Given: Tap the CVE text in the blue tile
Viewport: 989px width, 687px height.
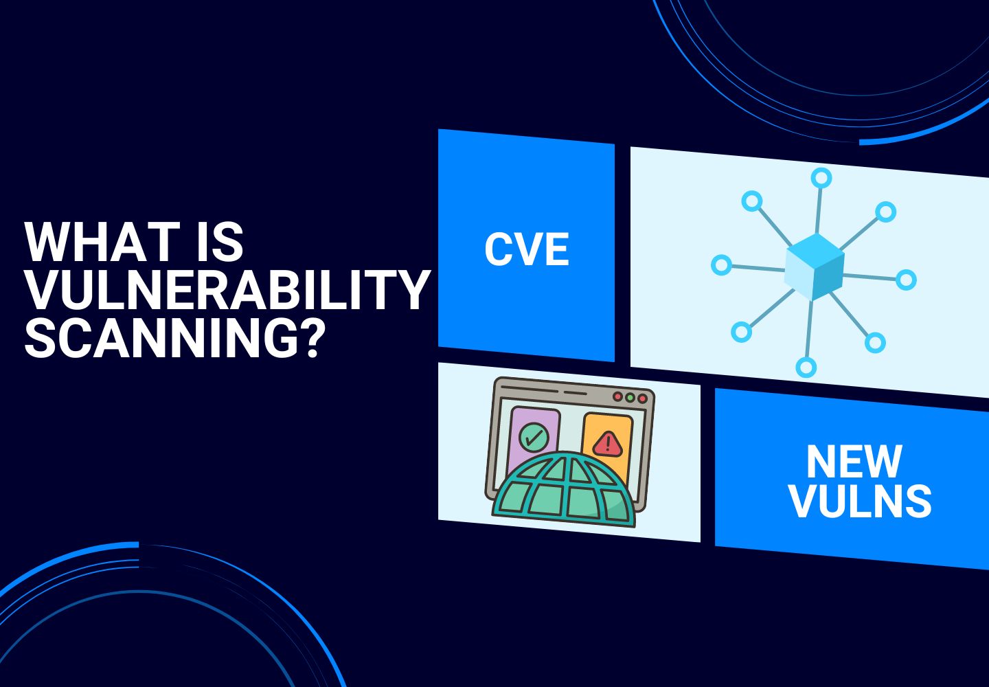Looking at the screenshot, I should [x=527, y=249].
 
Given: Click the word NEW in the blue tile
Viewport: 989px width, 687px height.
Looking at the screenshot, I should [x=854, y=462].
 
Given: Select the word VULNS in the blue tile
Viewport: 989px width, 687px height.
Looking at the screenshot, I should [x=860, y=501].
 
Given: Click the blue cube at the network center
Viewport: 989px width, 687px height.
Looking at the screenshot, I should [x=815, y=267].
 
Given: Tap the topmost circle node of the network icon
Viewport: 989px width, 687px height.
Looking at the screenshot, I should [x=821, y=178].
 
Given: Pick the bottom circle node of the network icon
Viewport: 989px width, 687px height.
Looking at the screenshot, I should [x=806, y=367].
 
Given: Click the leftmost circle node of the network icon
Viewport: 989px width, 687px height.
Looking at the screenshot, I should [x=721, y=264].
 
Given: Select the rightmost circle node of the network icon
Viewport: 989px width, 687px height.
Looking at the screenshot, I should [x=906, y=280].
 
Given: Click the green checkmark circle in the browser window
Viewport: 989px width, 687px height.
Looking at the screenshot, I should [x=534, y=436].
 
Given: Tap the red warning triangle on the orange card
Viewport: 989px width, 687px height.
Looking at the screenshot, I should [x=608, y=444].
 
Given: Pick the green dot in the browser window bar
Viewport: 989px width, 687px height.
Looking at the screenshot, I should [x=629, y=398].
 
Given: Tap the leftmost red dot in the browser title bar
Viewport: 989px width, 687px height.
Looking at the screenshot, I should [x=617, y=397].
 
